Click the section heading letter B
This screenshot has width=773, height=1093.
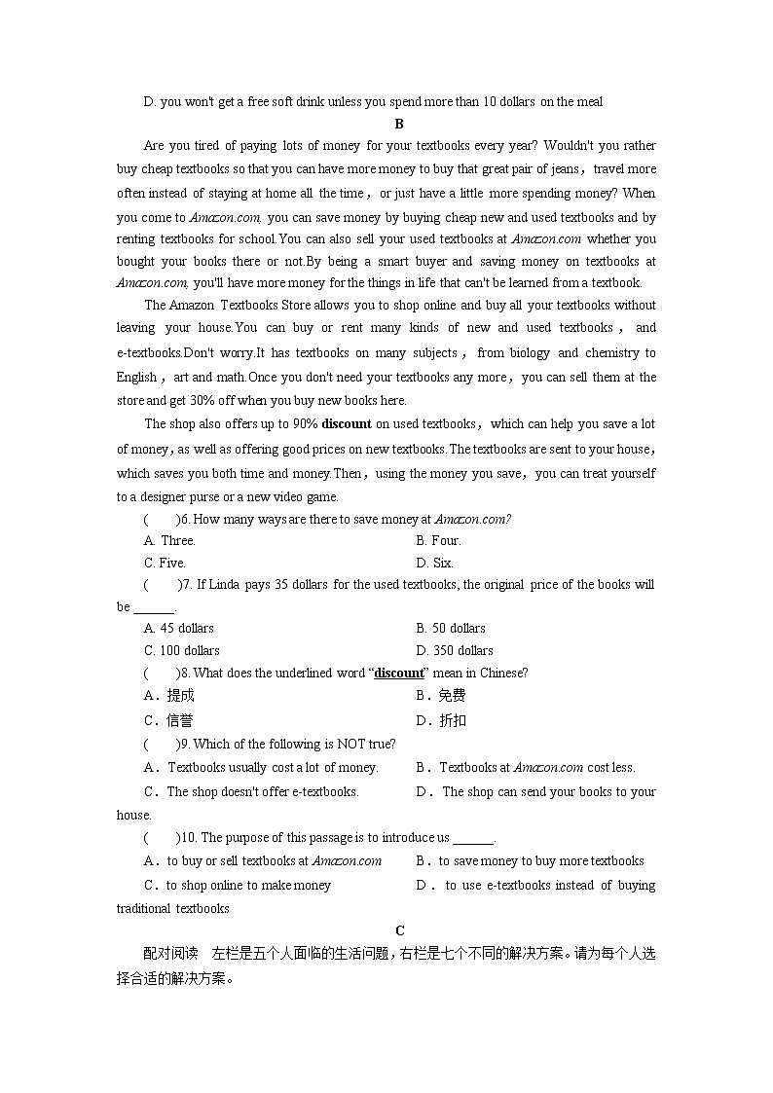click(x=399, y=124)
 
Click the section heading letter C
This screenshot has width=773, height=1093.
click(x=399, y=930)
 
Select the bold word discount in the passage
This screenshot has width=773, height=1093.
click(x=347, y=423)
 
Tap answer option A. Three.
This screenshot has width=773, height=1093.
click(x=169, y=540)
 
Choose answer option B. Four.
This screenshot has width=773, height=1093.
click(x=438, y=540)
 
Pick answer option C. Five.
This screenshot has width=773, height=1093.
click(x=165, y=563)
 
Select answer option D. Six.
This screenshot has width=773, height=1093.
click(x=435, y=563)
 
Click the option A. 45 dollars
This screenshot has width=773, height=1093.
click(x=179, y=628)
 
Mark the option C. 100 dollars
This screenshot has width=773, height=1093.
click(x=182, y=650)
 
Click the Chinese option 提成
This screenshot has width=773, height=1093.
click(x=180, y=695)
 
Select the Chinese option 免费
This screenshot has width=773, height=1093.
click(x=453, y=695)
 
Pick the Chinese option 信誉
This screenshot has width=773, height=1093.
click(x=180, y=720)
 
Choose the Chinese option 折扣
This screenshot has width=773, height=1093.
click(x=453, y=720)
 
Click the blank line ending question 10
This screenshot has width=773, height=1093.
click(x=474, y=839)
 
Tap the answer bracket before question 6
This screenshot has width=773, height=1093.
click(x=161, y=519)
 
